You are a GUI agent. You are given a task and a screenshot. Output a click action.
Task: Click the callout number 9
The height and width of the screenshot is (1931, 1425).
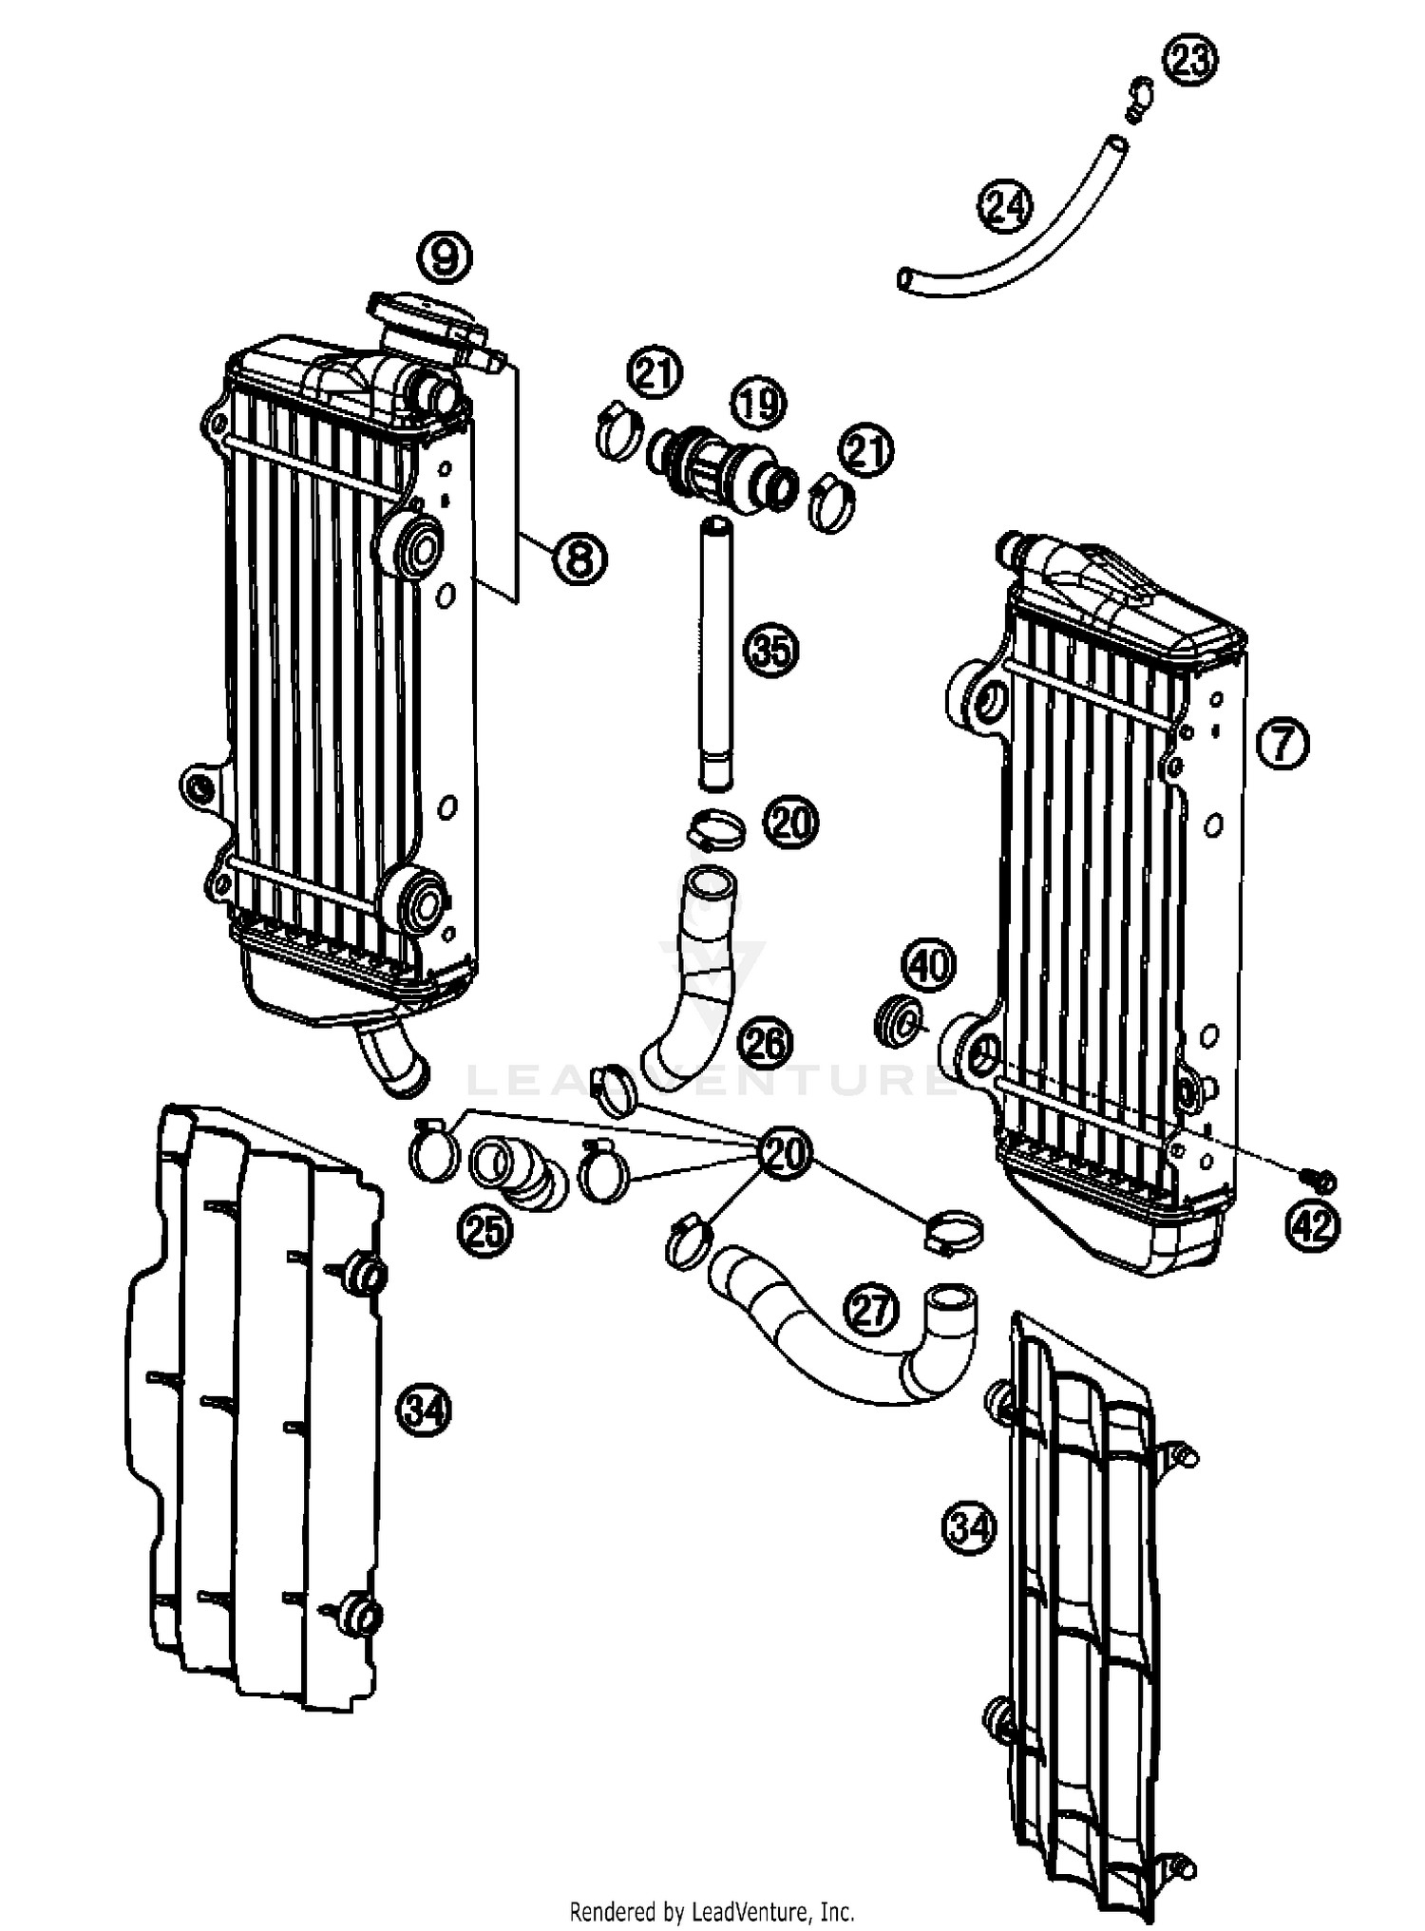point(446,256)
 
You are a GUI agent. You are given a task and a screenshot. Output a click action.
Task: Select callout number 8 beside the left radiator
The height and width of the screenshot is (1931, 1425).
point(579,558)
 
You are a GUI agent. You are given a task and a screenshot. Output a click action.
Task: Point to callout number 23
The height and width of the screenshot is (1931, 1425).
point(1190,61)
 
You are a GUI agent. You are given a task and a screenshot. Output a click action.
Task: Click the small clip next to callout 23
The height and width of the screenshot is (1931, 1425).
point(1139,98)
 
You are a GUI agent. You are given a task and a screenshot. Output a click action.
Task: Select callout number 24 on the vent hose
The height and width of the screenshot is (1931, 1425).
point(1006,206)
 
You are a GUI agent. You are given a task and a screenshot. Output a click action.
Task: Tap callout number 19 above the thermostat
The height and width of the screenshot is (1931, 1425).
point(758,405)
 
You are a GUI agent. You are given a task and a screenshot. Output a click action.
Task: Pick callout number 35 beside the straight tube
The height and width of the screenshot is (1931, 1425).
point(770,651)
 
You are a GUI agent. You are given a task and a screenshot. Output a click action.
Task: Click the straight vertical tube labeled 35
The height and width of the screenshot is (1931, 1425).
point(716,655)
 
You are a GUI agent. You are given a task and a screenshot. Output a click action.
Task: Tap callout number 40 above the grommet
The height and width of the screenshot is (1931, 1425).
point(928,965)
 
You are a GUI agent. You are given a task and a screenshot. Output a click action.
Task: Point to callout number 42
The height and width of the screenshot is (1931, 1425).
point(1313,1225)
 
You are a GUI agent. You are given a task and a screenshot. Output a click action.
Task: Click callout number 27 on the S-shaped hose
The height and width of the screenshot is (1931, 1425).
point(871,1310)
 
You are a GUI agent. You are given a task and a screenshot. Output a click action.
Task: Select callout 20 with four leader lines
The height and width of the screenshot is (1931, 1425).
point(783,1154)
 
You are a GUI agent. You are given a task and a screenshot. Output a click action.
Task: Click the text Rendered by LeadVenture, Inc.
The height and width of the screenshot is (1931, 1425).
point(712,1910)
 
